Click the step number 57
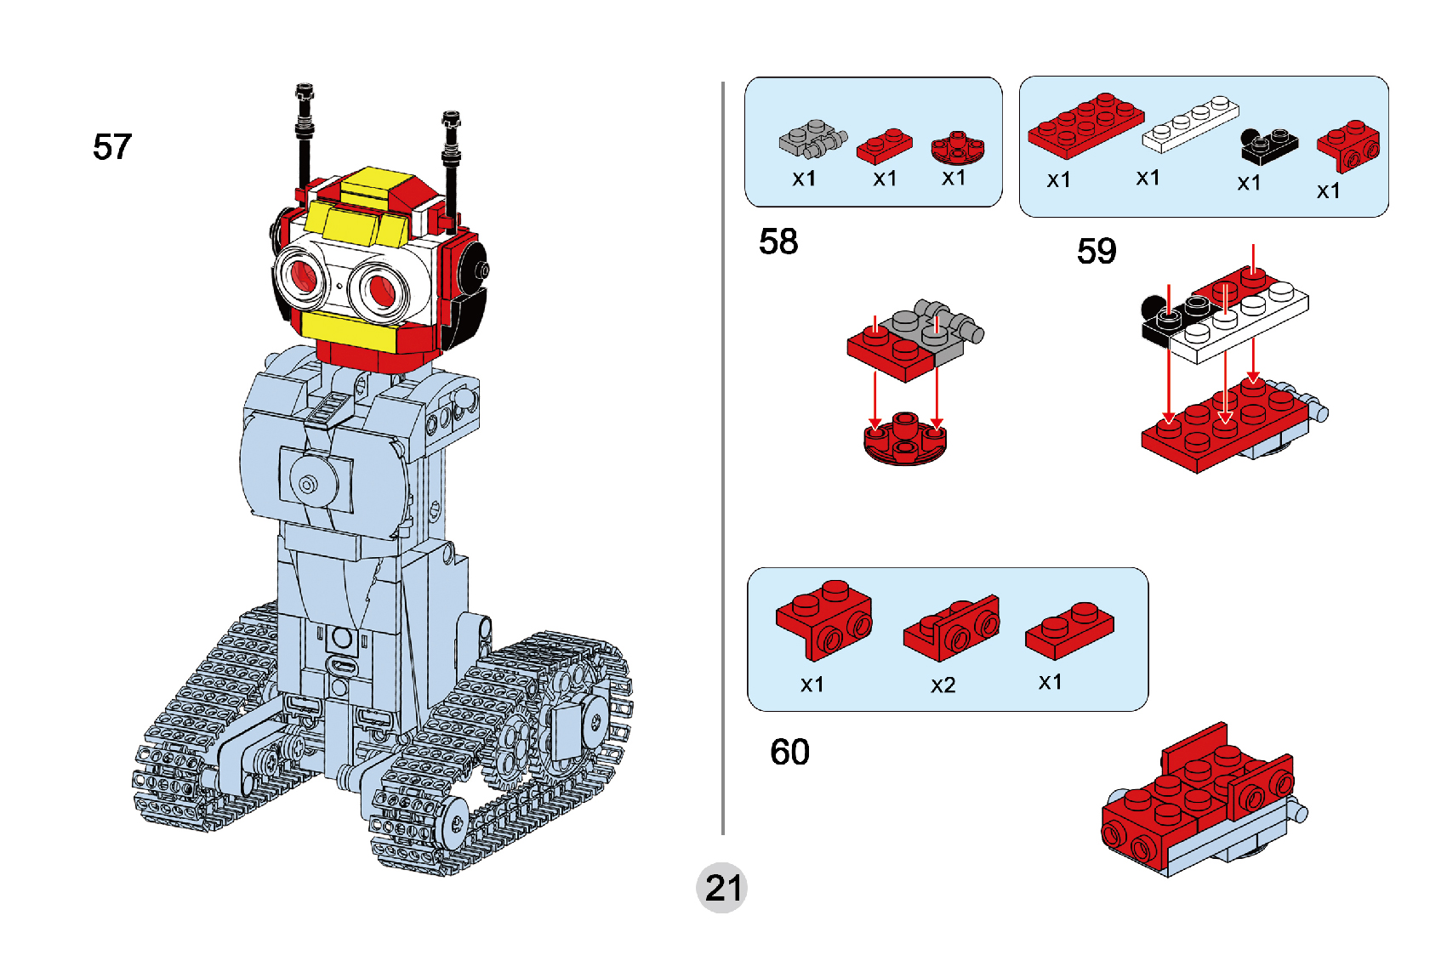tap(112, 147)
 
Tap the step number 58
tap(778, 242)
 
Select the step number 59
tap(1097, 251)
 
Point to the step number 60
tap(789, 752)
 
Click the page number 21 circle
tap(722, 889)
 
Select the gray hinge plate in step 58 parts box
tap(812, 139)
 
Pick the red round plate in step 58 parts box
tap(957, 148)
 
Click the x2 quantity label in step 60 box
tap(943, 685)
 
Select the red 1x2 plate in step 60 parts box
tap(1069, 630)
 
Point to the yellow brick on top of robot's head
tap(373, 185)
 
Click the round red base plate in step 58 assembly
tap(904, 441)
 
